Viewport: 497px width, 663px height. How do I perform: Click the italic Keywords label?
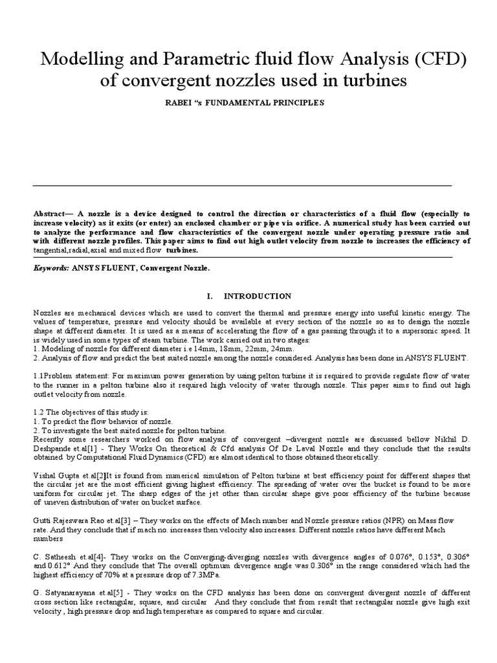[49, 267]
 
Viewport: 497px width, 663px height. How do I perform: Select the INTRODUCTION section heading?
[258, 296]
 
